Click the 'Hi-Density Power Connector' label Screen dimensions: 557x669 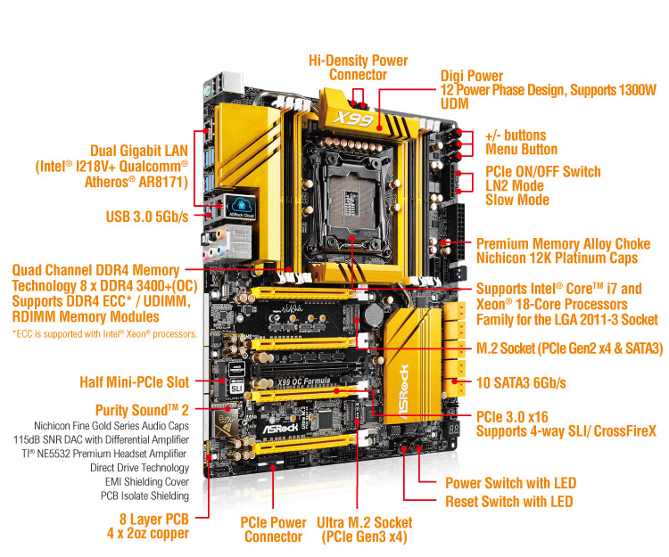pyautogui.click(x=358, y=68)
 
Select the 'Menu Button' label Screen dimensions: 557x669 pyautogui.click(x=521, y=150)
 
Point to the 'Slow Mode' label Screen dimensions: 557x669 pyautogui.click(x=516, y=200)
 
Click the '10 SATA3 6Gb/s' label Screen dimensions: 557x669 pyautogui.click(x=522, y=382)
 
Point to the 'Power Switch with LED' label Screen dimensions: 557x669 pyautogui.click(x=510, y=483)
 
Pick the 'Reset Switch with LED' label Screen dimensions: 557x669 pyautogui.click(x=508, y=501)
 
